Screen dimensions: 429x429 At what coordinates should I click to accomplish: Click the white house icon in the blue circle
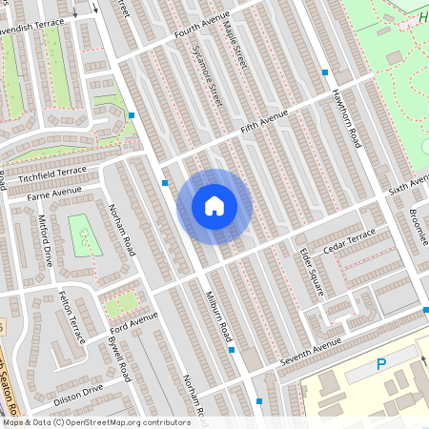(x=214, y=205)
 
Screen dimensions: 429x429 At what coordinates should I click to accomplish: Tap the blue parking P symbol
(x=381, y=363)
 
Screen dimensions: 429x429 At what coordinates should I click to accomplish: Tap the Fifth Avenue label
(x=264, y=121)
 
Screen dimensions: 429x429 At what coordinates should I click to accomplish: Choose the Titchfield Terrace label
(x=58, y=174)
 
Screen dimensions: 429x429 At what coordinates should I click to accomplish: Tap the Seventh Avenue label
(x=310, y=355)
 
